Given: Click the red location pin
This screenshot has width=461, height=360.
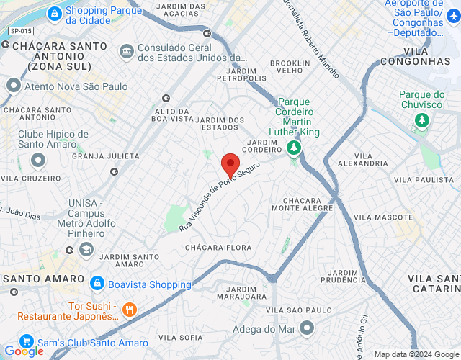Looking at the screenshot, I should [230, 165].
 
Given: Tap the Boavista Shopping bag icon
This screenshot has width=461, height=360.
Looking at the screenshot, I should [98, 284].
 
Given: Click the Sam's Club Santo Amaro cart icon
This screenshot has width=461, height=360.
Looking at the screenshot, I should [27, 342].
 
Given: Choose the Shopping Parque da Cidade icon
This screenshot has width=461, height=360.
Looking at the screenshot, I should [54, 13].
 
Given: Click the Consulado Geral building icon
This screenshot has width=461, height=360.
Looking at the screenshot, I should [127, 51].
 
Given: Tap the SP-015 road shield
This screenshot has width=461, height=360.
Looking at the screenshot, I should [21, 31].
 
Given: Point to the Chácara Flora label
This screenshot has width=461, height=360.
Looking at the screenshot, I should [218, 248].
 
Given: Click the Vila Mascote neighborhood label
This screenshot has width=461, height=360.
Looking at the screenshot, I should [382, 217].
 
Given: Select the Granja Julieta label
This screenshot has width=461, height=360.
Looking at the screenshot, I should [106, 156].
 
